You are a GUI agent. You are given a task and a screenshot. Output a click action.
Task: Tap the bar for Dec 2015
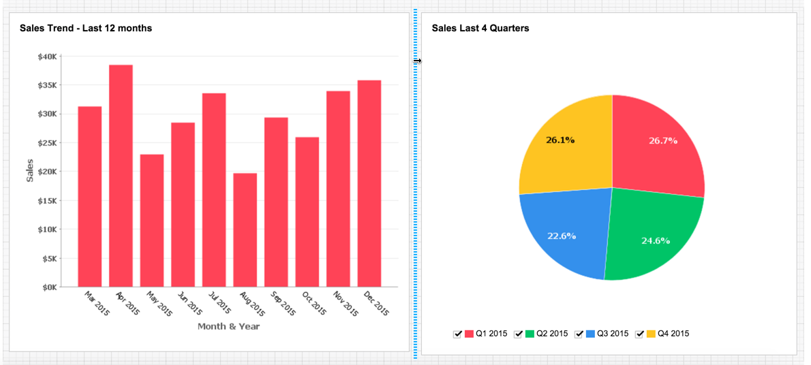pos(369,183)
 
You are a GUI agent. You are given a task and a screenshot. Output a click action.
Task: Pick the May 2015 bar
pos(152,221)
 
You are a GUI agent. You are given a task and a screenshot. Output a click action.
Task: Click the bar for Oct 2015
pos(307,212)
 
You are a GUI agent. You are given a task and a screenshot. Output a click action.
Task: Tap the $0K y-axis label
pos(48,287)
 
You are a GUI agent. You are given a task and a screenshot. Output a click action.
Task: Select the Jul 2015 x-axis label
pos(215,303)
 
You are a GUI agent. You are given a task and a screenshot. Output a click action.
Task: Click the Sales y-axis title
pos(29,170)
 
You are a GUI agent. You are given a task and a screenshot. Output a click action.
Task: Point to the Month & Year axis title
pos(228,326)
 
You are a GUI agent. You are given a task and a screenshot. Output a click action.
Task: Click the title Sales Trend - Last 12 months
pos(86,28)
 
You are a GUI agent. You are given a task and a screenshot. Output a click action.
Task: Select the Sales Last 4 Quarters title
pos(480,28)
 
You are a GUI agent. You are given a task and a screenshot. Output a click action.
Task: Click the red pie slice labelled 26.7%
pos(654,146)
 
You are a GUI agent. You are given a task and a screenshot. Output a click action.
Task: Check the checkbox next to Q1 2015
pos(458,334)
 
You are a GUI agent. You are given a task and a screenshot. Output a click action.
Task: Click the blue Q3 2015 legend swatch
pos(590,334)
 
